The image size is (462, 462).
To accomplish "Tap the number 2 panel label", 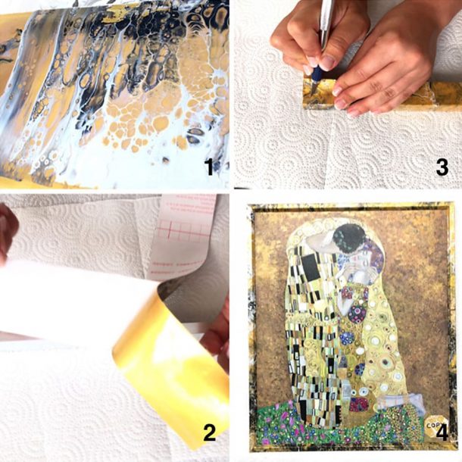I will click(209, 433).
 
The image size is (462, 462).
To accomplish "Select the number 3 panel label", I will click(442, 167).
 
